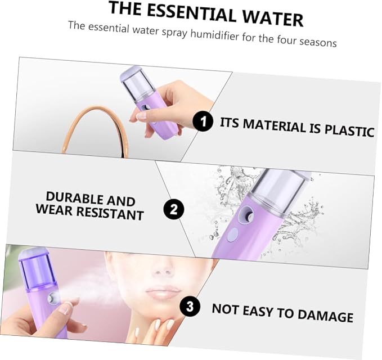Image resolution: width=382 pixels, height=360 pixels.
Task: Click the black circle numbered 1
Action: point(203,121)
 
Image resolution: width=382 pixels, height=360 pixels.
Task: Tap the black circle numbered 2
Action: point(173,209)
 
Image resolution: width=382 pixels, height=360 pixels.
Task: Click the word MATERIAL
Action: point(275,126)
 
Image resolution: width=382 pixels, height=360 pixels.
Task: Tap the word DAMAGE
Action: point(325,315)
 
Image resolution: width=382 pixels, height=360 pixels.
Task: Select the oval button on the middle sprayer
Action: point(232,235)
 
